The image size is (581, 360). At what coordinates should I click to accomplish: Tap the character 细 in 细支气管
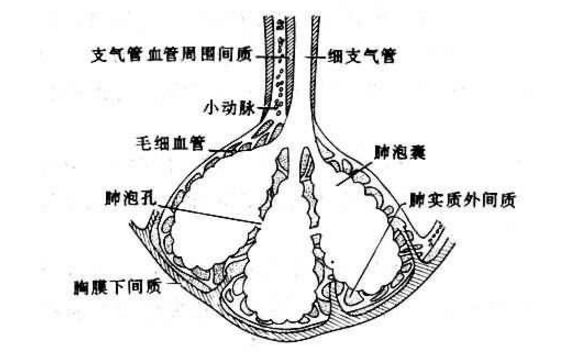(x=330, y=57)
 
